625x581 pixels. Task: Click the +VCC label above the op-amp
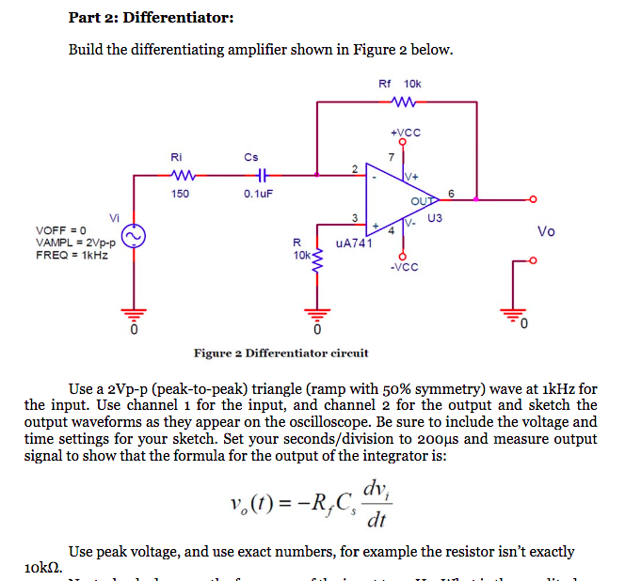(402, 132)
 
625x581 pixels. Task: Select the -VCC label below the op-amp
(402, 265)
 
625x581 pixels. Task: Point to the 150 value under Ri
(180, 194)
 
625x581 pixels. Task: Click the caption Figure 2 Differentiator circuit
(280, 353)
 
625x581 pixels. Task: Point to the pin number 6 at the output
(452, 193)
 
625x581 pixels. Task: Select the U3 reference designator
(434, 219)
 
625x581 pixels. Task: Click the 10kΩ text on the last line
(42, 567)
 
